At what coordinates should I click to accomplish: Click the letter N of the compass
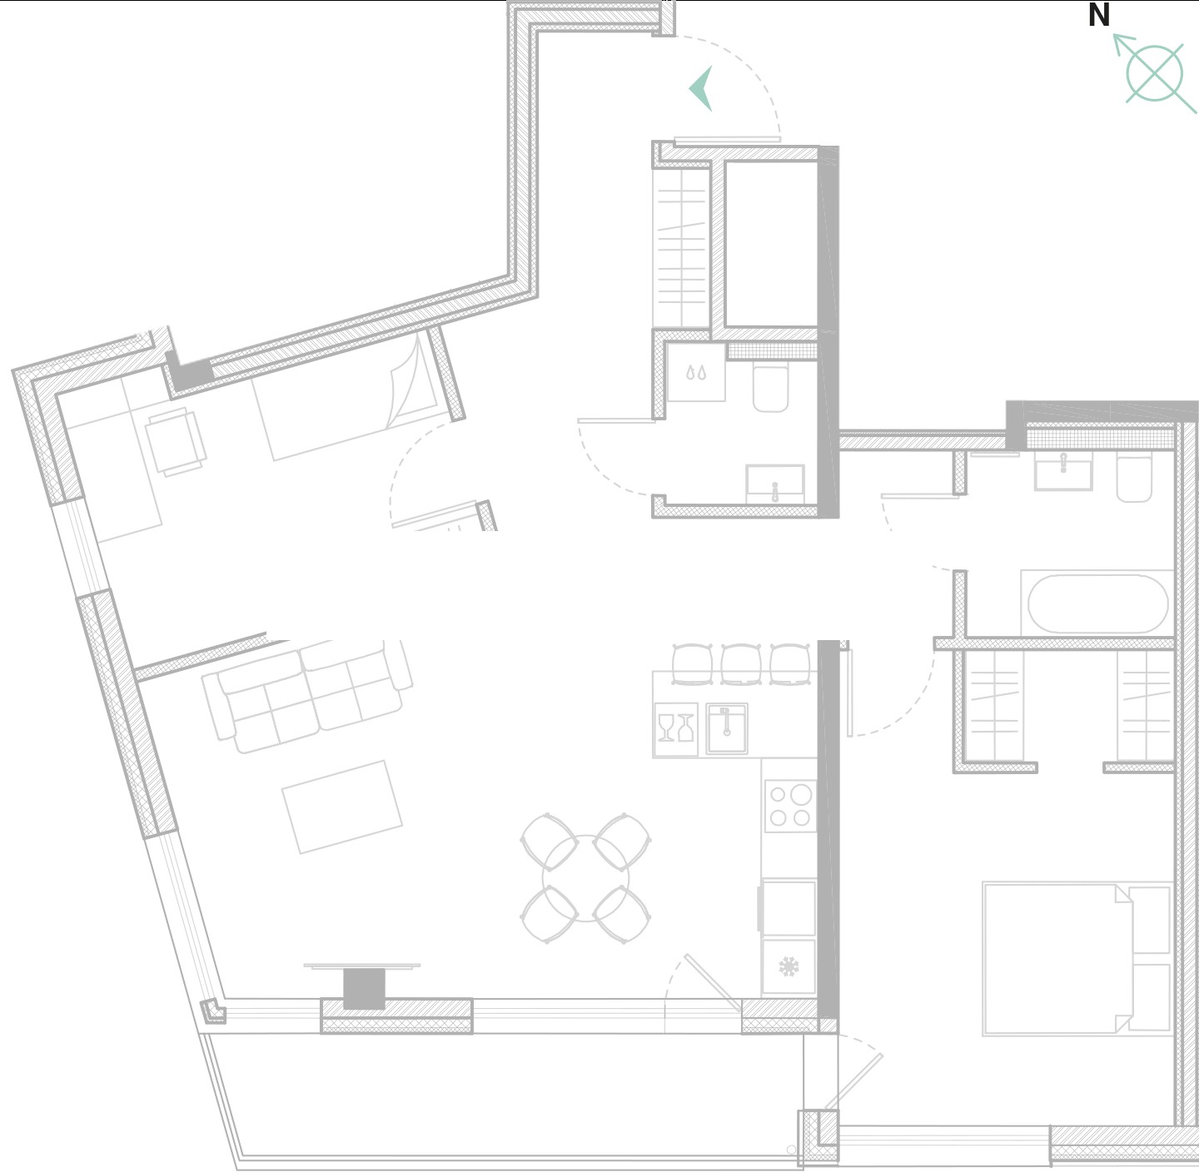click(1099, 15)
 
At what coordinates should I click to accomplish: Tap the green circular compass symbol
click(1155, 73)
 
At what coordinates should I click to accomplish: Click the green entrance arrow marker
click(701, 89)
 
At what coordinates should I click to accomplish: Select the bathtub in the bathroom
click(1097, 604)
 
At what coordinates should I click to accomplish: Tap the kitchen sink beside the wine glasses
click(727, 728)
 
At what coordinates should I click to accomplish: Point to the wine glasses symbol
click(676, 728)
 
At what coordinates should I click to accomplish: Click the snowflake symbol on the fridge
click(789, 966)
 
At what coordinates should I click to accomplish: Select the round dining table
click(586, 878)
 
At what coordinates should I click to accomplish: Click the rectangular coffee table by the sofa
click(342, 807)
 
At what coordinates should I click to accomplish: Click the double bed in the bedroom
click(1077, 959)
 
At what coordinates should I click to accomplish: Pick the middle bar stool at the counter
click(740, 664)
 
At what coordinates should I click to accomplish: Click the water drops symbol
click(696, 372)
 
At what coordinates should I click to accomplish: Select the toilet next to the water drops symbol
click(771, 389)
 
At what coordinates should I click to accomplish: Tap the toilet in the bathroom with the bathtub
click(1134, 479)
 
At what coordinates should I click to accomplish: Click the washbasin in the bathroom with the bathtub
click(1063, 471)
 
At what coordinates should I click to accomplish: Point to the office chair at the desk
click(177, 441)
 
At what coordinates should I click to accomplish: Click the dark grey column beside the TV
click(364, 989)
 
